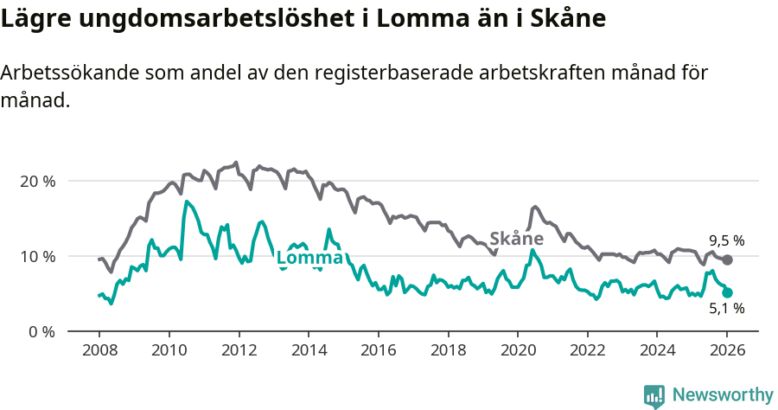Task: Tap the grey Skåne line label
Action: tap(516, 239)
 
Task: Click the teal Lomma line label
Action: tap(309, 258)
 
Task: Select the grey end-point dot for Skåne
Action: tap(727, 260)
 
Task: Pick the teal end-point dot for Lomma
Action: tap(727, 293)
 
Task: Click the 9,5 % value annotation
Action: tap(726, 241)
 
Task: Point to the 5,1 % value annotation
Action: tap(726, 309)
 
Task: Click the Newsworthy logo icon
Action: tap(654, 395)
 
